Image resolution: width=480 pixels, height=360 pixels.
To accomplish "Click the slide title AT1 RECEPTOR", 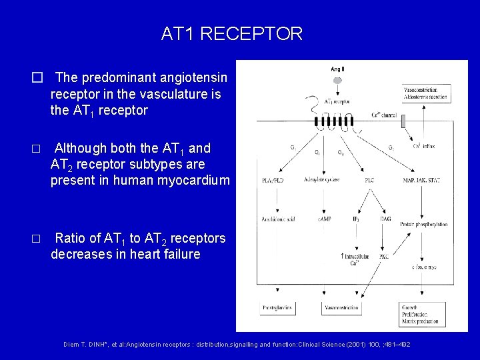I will coord(231,33).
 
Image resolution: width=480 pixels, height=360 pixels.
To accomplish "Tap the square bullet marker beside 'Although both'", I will coord(37,149).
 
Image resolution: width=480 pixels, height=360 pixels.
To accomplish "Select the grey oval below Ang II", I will coord(337,80).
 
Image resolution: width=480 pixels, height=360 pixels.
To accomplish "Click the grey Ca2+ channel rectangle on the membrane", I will coord(389,117).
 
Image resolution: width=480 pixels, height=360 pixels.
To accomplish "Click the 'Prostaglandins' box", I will coord(278,308).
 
